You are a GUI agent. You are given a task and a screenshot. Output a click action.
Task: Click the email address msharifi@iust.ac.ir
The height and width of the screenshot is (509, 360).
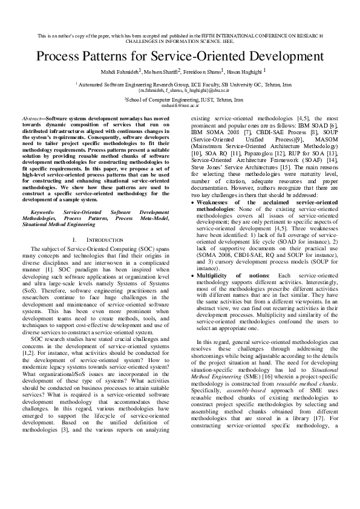(x=180, y=104)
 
